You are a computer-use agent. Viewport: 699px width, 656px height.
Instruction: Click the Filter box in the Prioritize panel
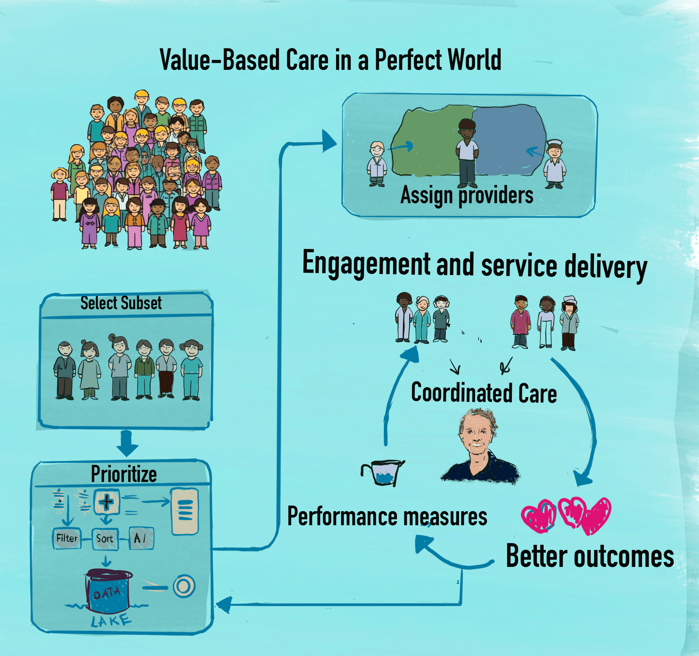[67, 538]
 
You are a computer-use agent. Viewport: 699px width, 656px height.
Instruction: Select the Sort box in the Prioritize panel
[105, 538]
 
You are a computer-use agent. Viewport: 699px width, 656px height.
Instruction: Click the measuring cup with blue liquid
[384, 473]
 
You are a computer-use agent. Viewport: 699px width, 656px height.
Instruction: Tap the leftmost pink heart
[538, 515]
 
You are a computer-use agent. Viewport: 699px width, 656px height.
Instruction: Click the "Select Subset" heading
[121, 303]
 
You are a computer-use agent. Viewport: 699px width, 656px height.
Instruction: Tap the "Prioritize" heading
[124, 474]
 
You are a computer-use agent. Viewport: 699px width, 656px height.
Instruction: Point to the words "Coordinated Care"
[484, 393]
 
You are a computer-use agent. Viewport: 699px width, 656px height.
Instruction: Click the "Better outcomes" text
[590, 557]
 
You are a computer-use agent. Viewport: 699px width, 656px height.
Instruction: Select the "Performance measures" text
[387, 516]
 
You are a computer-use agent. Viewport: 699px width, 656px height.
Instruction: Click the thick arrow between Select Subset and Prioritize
[127, 444]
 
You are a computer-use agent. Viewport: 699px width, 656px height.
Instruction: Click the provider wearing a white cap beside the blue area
[555, 163]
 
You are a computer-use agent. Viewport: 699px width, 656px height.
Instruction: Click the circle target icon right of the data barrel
[184, 586]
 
